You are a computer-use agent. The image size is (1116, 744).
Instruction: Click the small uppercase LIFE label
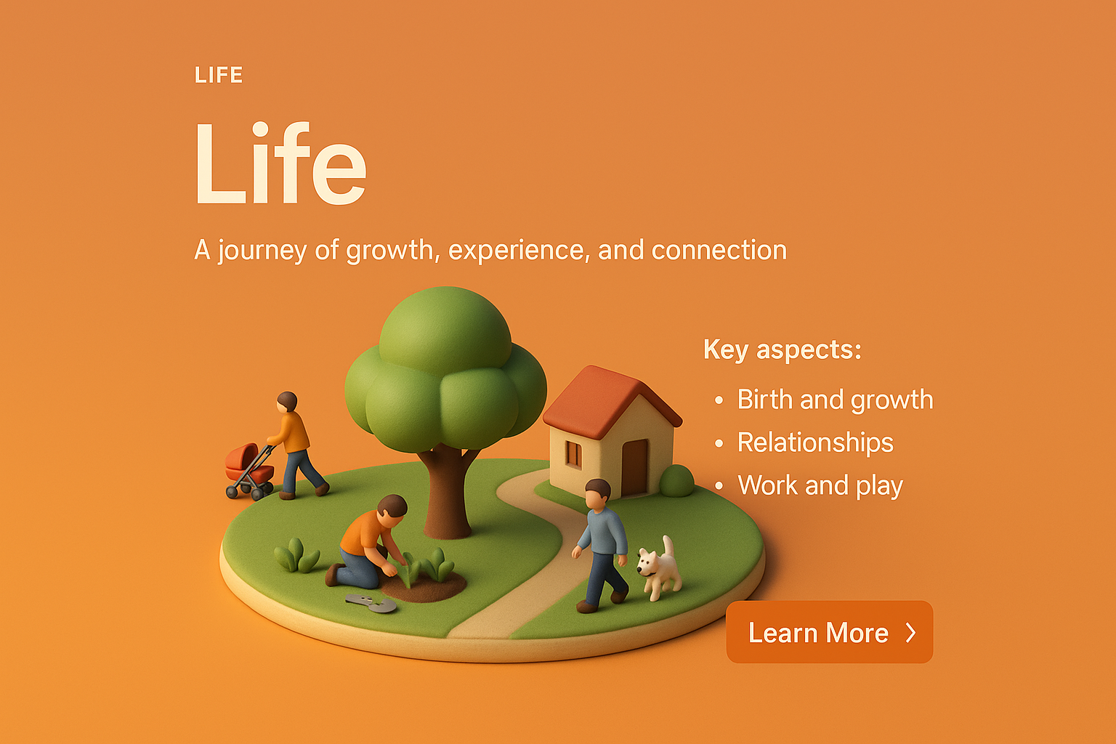(219, 75)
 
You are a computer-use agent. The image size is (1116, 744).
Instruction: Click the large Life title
(280, 163)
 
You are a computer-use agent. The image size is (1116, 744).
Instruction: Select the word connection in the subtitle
(719, 250)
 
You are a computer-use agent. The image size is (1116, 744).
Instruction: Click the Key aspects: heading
(783, 349)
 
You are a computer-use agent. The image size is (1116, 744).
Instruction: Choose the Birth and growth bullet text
(835, 400)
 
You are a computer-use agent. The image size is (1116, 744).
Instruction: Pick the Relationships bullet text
(815, 442)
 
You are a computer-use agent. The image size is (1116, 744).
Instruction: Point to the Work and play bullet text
(820, 485)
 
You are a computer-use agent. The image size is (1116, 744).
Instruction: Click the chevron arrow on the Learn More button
(910, 633)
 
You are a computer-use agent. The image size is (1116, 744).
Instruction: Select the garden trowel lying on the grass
(371, 603)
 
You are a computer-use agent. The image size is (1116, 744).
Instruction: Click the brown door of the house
(634, 467)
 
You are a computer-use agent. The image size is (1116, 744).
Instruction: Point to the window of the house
(573, 455)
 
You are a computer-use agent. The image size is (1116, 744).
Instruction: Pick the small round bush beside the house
(676, 481)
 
